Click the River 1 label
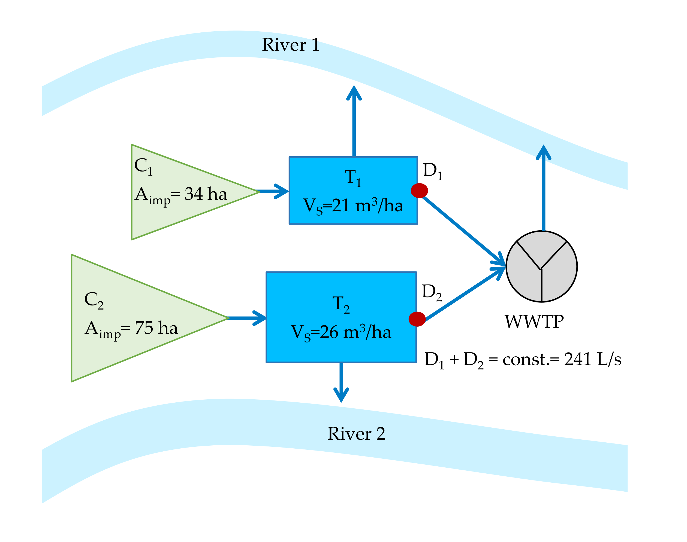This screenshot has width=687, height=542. pyautogui.click(x=290, y=45)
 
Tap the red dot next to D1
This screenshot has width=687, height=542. pyautogui.click(x=419, y=191)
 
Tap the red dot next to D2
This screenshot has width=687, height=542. pyautogui.click(x=417, y=319)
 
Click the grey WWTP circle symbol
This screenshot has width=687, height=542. pyautogui.click(x=541, y=267)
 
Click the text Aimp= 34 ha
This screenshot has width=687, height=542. pyautogui.click(x=180, y=195)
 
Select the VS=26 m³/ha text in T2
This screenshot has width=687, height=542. pyautogui.click(x=341, y=333)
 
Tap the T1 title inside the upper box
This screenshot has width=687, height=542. pyautogui.click(x=353, y=178)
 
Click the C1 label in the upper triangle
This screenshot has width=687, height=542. pyautogui.click(x=143, y=166)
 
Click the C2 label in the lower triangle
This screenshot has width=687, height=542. pyautogui.click(x=94, y=300)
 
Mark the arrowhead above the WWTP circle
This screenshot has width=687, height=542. pyautogui.click(x=543, y=152)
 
